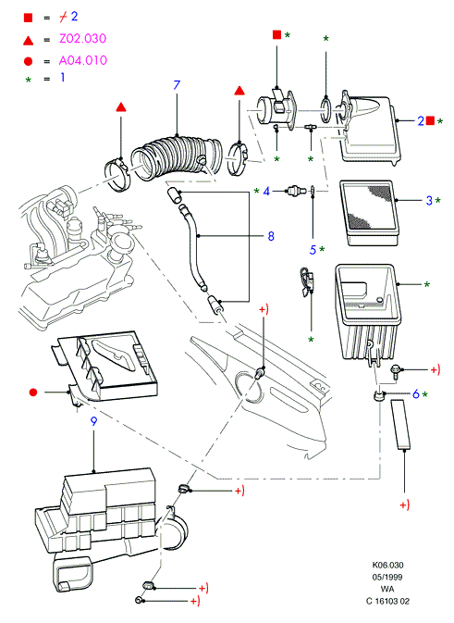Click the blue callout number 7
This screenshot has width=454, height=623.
[177, 85]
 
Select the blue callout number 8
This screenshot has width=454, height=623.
[271, 236]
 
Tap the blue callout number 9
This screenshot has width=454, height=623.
[93, 421]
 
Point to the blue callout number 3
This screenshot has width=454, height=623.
[429, 200]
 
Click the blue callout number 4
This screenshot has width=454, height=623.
[266, 192]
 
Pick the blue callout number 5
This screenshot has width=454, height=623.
[313, 250]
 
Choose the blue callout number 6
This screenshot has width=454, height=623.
[416, 393]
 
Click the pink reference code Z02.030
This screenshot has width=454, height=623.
[83, 39]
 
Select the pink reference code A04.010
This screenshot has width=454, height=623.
[83, 60]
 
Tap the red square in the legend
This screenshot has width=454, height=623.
[28, 18]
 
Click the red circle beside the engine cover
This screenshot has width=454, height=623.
[33, 392]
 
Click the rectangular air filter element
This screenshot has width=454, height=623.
[369, 213]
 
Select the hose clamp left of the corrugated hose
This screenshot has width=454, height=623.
[117, 175]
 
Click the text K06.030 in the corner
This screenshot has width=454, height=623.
[387, 565]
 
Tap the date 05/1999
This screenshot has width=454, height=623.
[387, 577]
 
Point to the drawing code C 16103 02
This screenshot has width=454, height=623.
[387, 601]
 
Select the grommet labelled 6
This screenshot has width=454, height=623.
[379, 395]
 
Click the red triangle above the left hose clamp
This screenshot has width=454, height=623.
[121, 107]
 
